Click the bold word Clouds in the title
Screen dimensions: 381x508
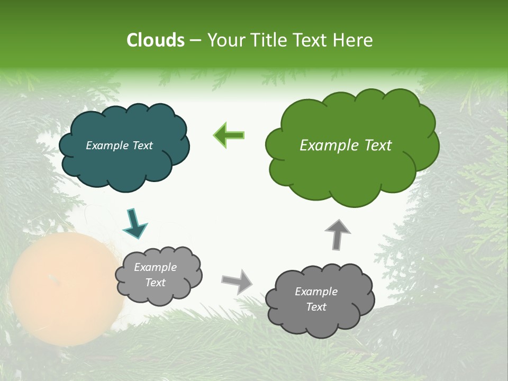155,40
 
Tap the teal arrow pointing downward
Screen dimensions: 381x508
134,222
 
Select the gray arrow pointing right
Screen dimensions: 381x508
238,281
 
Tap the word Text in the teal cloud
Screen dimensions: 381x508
142,146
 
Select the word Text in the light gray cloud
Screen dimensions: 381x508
156,283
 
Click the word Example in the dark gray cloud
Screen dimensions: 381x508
316,292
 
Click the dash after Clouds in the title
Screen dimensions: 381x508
195,40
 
